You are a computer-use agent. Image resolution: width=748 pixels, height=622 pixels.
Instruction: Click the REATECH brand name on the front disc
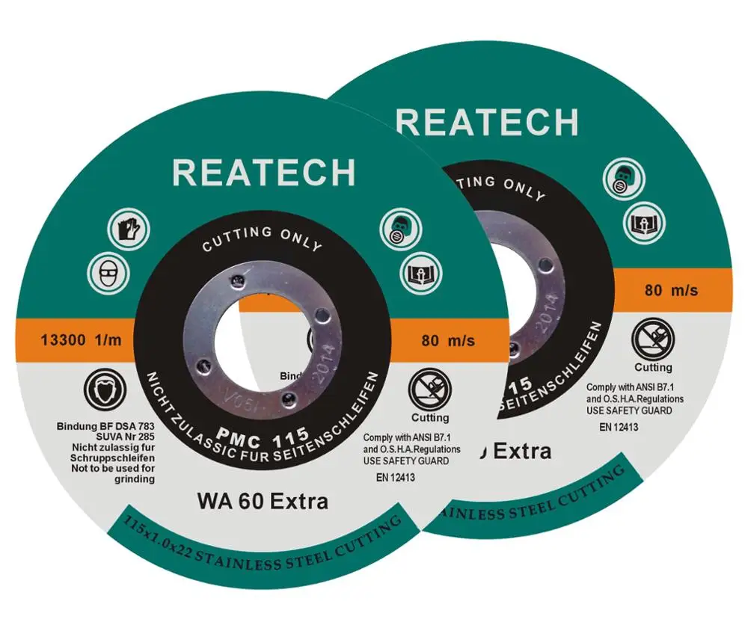(263, 173)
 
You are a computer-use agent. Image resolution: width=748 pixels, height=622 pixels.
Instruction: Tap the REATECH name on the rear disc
(487, 122)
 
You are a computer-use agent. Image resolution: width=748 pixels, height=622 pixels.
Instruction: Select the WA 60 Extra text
(263, 500)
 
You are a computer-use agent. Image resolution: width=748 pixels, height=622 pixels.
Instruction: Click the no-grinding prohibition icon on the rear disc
(652, 339)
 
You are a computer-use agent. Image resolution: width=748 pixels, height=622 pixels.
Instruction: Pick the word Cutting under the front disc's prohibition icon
(429, 417)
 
